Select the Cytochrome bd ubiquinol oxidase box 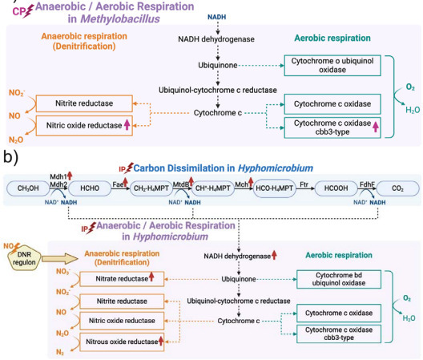336,278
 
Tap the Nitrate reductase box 120,278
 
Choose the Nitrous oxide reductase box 120,342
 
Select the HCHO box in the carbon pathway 88,186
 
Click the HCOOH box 330,186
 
